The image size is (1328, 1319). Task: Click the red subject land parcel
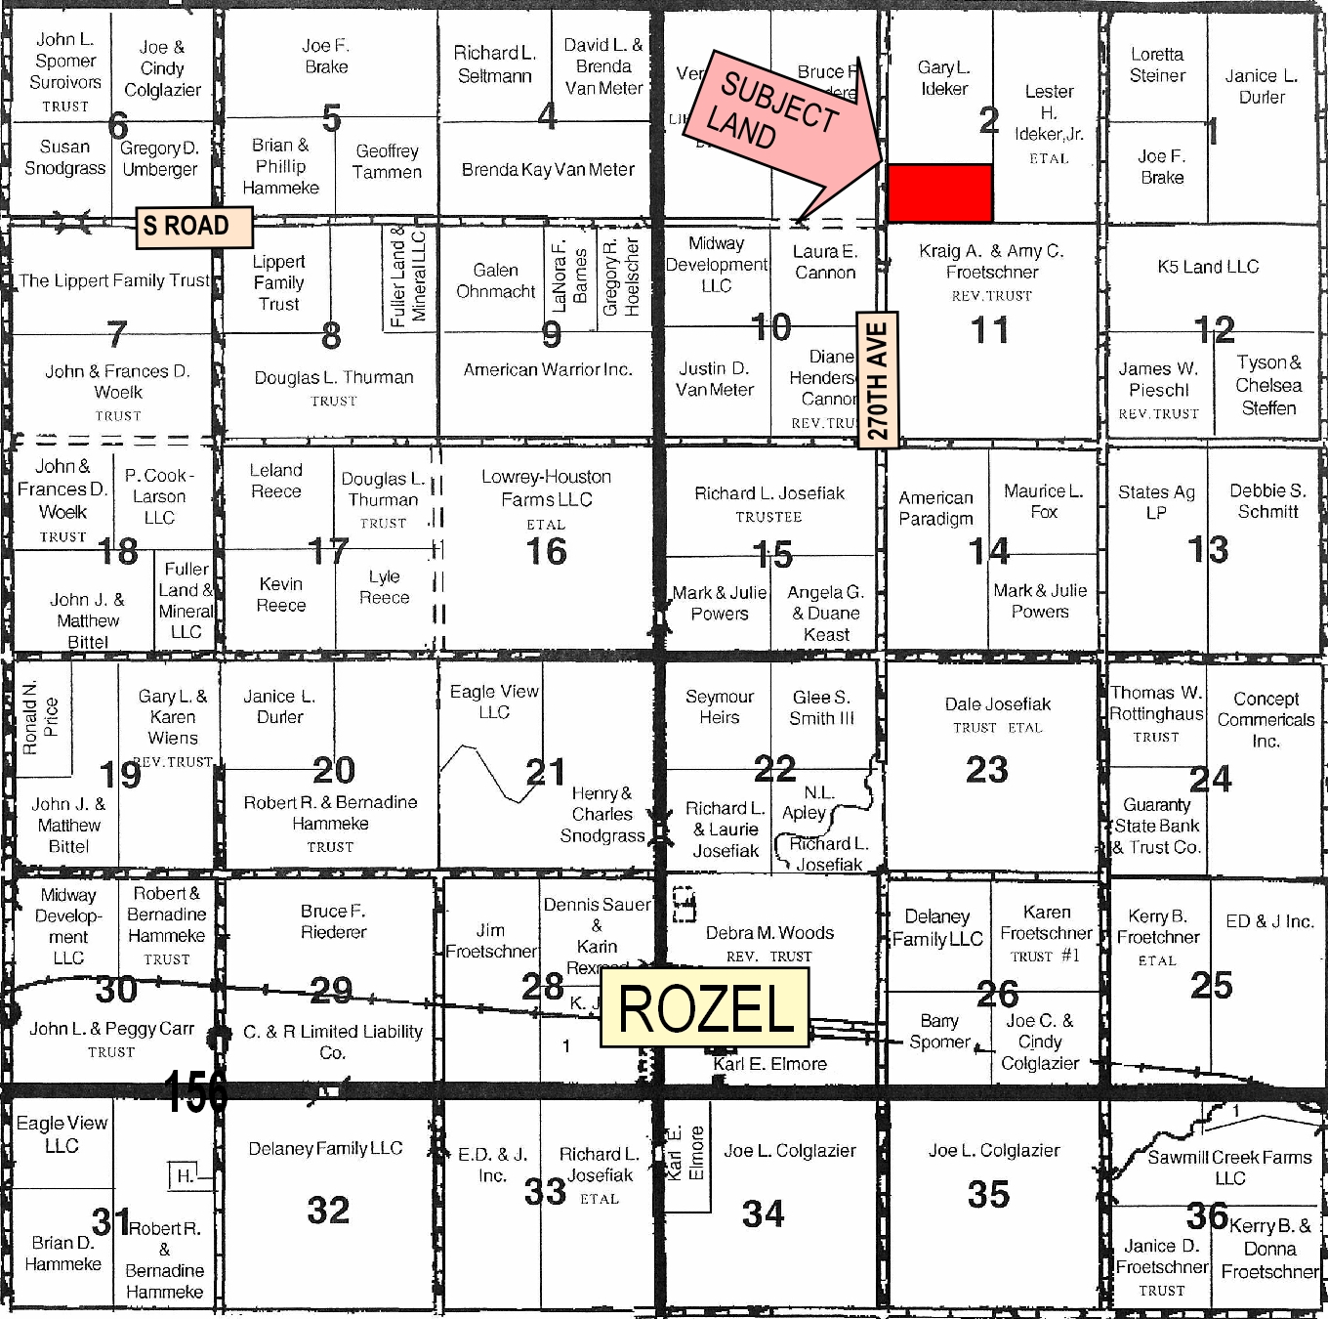tap(939, 193)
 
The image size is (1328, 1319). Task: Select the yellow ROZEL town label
tap(705, 1007)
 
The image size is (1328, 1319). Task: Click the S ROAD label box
tap(192, 227)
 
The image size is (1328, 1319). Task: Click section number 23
tap(986, 770)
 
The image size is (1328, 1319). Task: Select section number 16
tap(546, 552)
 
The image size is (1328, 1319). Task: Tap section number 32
tap(328, 1211)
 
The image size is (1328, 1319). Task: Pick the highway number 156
tap(195, 1091)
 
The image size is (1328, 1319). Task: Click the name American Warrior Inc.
tap(548, 369)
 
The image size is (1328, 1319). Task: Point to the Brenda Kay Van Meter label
tap(548, 170)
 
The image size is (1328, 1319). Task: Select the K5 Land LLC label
tap(1208, 267)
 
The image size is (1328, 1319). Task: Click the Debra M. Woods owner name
tap(769, 933)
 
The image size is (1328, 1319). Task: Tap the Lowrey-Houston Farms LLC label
tap(546, 488)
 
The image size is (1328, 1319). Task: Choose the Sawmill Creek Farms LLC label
tap(1229, 1168)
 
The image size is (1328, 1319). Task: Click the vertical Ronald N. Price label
tap(40, 717)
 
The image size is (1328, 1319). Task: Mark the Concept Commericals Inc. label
tap(1266, 720)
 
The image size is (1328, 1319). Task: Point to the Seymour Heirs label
tap(720, 706)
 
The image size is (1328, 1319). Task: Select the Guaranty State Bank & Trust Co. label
tap(1157, 827)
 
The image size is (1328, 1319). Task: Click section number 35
tap(988, 1194)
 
